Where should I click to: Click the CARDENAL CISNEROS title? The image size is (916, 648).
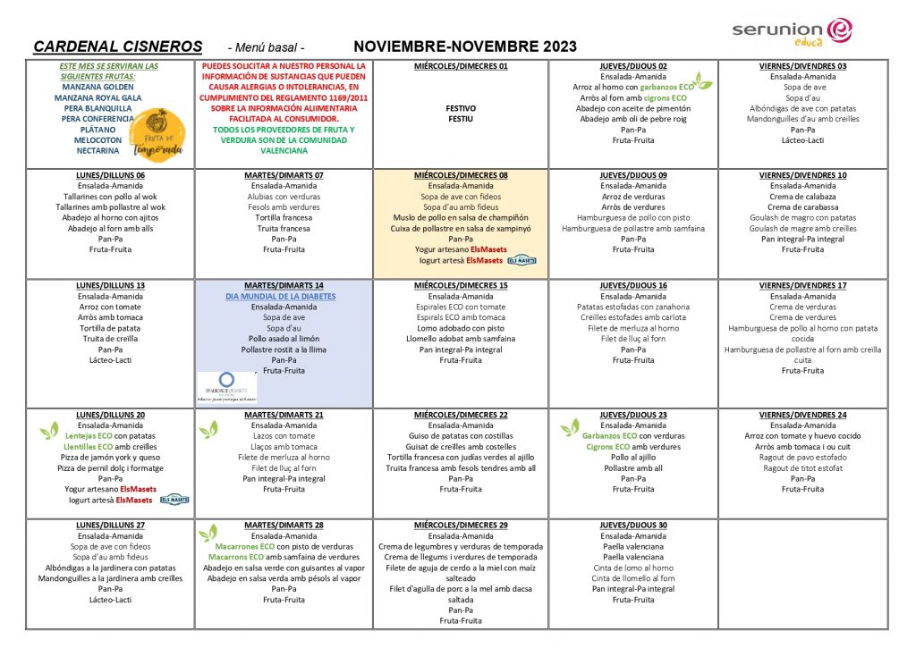coord(117,46)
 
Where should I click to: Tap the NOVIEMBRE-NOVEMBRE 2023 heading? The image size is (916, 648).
coord(465,46)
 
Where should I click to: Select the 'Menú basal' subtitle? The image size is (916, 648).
coord(267,47)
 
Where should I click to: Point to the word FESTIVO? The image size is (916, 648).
coord(461,108)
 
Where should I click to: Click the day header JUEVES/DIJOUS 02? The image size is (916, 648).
coord(633,66)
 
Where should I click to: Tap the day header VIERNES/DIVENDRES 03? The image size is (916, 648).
coord(802,66)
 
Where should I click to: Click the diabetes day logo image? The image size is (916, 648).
coord(225,388)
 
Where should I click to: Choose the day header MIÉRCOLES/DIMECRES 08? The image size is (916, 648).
coord(461,175)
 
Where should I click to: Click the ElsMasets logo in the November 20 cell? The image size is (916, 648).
coord(174,501)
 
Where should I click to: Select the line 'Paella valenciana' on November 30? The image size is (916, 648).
coord(633,546)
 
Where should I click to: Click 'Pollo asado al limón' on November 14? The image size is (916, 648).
coord(283,339)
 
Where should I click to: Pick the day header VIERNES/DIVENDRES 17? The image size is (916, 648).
coord(802,285)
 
